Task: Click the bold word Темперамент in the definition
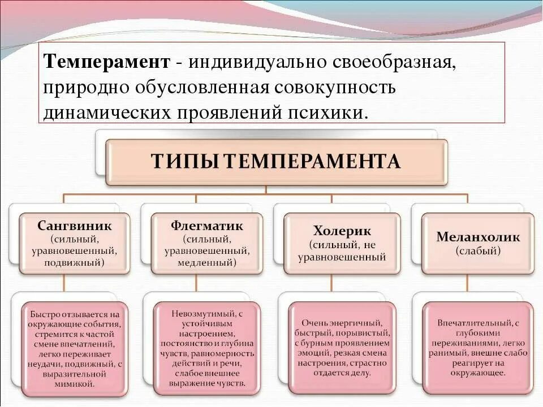[107, 62]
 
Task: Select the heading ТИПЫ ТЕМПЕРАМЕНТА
[276, 162]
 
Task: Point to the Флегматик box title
[207, 226]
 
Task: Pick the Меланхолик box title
[478, 237]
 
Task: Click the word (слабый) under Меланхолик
[478, 251]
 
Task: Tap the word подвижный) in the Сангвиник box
[75, 263]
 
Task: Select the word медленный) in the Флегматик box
[207, 263]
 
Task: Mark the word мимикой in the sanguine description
[75, 384]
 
